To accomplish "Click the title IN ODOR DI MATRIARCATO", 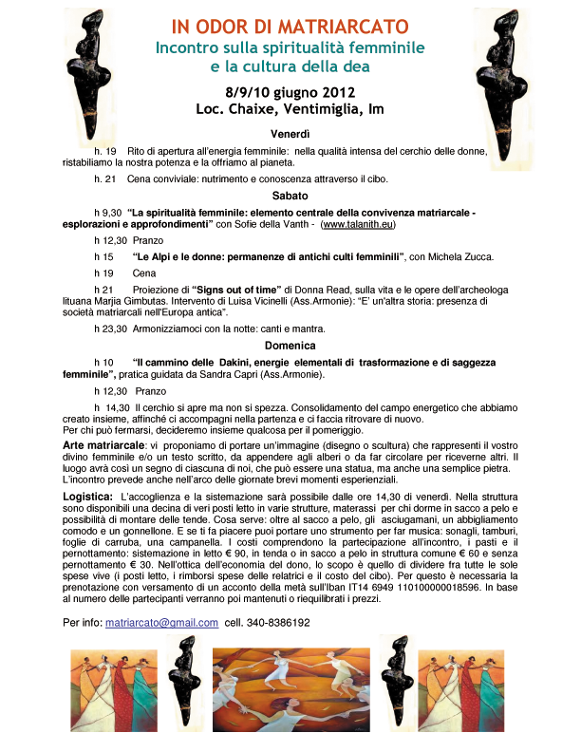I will (x=290, y=25).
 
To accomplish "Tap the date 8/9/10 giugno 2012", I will (x=290, y=92).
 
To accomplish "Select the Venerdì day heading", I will (x=290, y=133).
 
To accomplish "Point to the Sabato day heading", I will (x=290, y=196).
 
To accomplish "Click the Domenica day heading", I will (x=290, y=346).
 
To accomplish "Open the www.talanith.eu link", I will (x=358, y=226).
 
